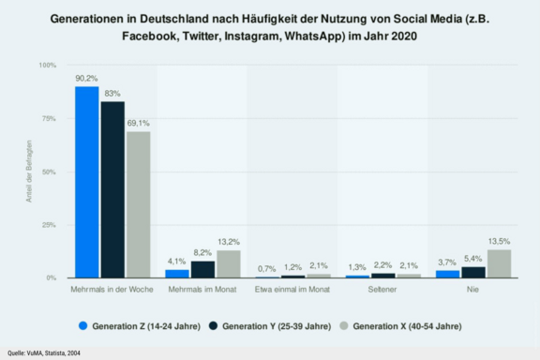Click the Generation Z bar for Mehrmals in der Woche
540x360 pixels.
tap(87, 182)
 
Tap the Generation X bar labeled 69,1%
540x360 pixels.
tap(138, 204)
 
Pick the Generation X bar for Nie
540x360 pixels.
tap(499, 263)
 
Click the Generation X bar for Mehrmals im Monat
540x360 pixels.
tap(229, 264)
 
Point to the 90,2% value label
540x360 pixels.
tap(87, 79)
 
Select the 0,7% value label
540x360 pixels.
tap(267, 269)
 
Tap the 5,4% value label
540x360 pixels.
tap(473, 259)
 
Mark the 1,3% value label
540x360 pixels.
tap(357, 268)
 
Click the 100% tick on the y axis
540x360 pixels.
tap(48, 65)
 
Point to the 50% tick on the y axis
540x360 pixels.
tap(50, 172)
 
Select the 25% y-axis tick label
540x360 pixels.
tap(50, 225)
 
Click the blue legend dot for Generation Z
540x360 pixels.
tap(83, 325)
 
